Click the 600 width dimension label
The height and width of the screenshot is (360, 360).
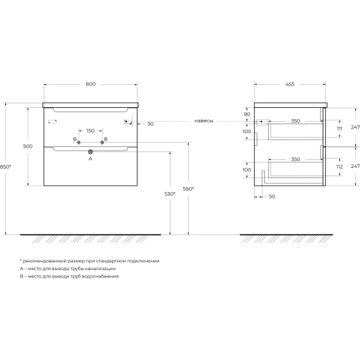91,84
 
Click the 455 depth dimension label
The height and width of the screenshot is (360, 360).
290,84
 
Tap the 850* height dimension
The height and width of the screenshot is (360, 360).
5,167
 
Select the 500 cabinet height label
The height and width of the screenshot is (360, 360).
28,146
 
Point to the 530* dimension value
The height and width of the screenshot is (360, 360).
170,194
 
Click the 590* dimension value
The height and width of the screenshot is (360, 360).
188,189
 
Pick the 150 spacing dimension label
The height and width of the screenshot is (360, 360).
91,131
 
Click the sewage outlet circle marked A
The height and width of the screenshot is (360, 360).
91,151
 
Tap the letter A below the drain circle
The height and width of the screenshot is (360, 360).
91,158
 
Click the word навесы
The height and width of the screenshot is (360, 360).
204,121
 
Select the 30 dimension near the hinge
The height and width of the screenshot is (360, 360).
150,124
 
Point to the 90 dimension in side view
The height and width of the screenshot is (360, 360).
247,114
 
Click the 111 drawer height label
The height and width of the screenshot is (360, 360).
339,129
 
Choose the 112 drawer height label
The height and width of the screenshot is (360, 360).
340,167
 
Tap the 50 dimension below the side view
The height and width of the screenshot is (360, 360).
272,196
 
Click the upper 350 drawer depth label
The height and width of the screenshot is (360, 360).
295,121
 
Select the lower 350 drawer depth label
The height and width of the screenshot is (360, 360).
295,159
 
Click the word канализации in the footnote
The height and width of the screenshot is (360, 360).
100,269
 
